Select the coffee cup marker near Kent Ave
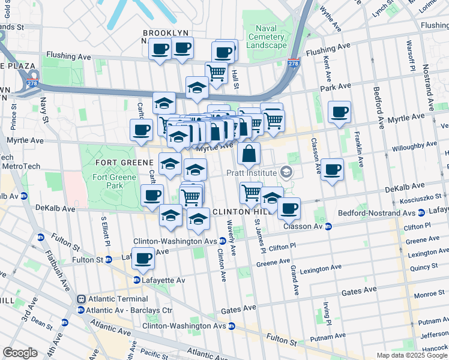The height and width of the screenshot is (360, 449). tap(339, 112)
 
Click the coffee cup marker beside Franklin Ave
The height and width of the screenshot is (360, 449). tap(332, 169)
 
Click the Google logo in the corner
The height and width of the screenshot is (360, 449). tap(20, 353)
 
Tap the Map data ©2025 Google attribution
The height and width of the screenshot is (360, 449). tap(412, 355)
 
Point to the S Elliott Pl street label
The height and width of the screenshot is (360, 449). tap(106, 232)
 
